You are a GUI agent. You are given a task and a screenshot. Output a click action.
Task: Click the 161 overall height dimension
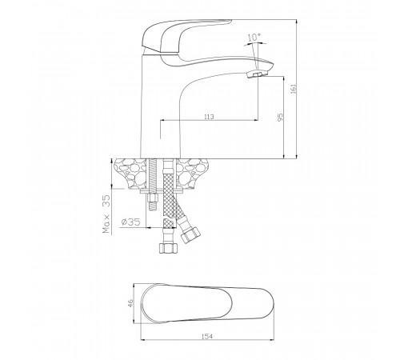[x=294, y=89]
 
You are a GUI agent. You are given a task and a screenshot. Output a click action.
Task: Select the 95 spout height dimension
[x=280, y=118]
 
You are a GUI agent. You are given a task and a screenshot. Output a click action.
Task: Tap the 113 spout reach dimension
[x=209, y=117]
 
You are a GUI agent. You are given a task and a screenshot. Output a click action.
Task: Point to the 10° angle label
[x=254, y=38]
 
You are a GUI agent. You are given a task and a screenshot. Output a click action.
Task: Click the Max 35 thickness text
[x=106, y=214]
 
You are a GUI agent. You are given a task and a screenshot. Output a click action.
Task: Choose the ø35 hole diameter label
[x=130, y=222]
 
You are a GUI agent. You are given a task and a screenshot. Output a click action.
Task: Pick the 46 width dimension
[x=130, y=303]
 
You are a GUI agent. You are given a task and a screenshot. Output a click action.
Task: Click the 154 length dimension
[x=207, y=336]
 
